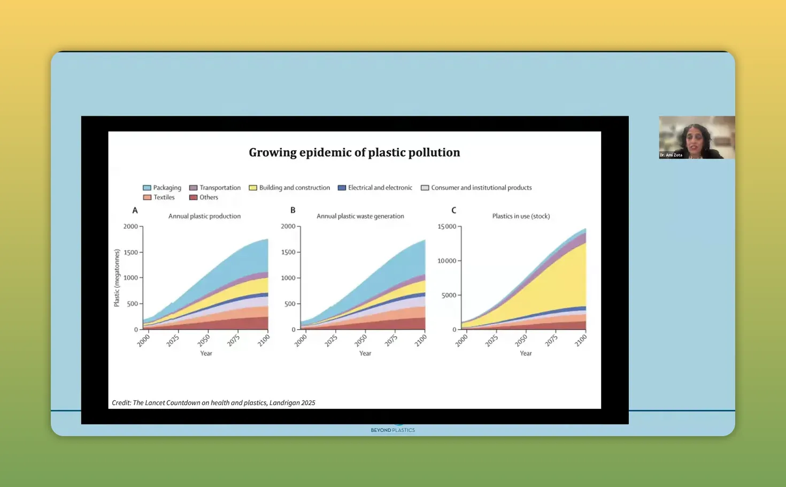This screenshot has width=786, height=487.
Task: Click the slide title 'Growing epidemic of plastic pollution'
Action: [354, 153]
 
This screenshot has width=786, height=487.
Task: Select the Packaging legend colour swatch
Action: [147, 188]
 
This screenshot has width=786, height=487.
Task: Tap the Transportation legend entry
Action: [215, 188]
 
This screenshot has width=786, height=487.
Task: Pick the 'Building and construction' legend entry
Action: [289, 188]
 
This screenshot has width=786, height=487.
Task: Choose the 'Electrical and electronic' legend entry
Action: [375, 188]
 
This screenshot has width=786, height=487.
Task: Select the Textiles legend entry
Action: [159, 197]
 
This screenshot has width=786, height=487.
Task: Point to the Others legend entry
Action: [204, 197]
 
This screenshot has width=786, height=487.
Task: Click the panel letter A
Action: [135, 210]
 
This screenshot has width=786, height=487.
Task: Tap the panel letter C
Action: [453, 210]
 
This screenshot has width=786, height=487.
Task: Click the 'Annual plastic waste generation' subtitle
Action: [360, 216]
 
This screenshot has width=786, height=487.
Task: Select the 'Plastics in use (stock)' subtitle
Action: [521, 216]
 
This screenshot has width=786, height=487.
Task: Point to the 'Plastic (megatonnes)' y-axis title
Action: [117, 278]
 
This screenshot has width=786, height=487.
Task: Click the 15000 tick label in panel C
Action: [446, 226]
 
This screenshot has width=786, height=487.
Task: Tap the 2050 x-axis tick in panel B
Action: [361, 340]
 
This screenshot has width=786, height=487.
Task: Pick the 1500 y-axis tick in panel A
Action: [130, 252]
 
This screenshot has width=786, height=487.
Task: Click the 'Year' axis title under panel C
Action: [526, 353]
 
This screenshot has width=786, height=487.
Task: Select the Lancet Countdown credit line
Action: [213, 402]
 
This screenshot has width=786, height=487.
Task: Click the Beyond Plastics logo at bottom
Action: [392, 429]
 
